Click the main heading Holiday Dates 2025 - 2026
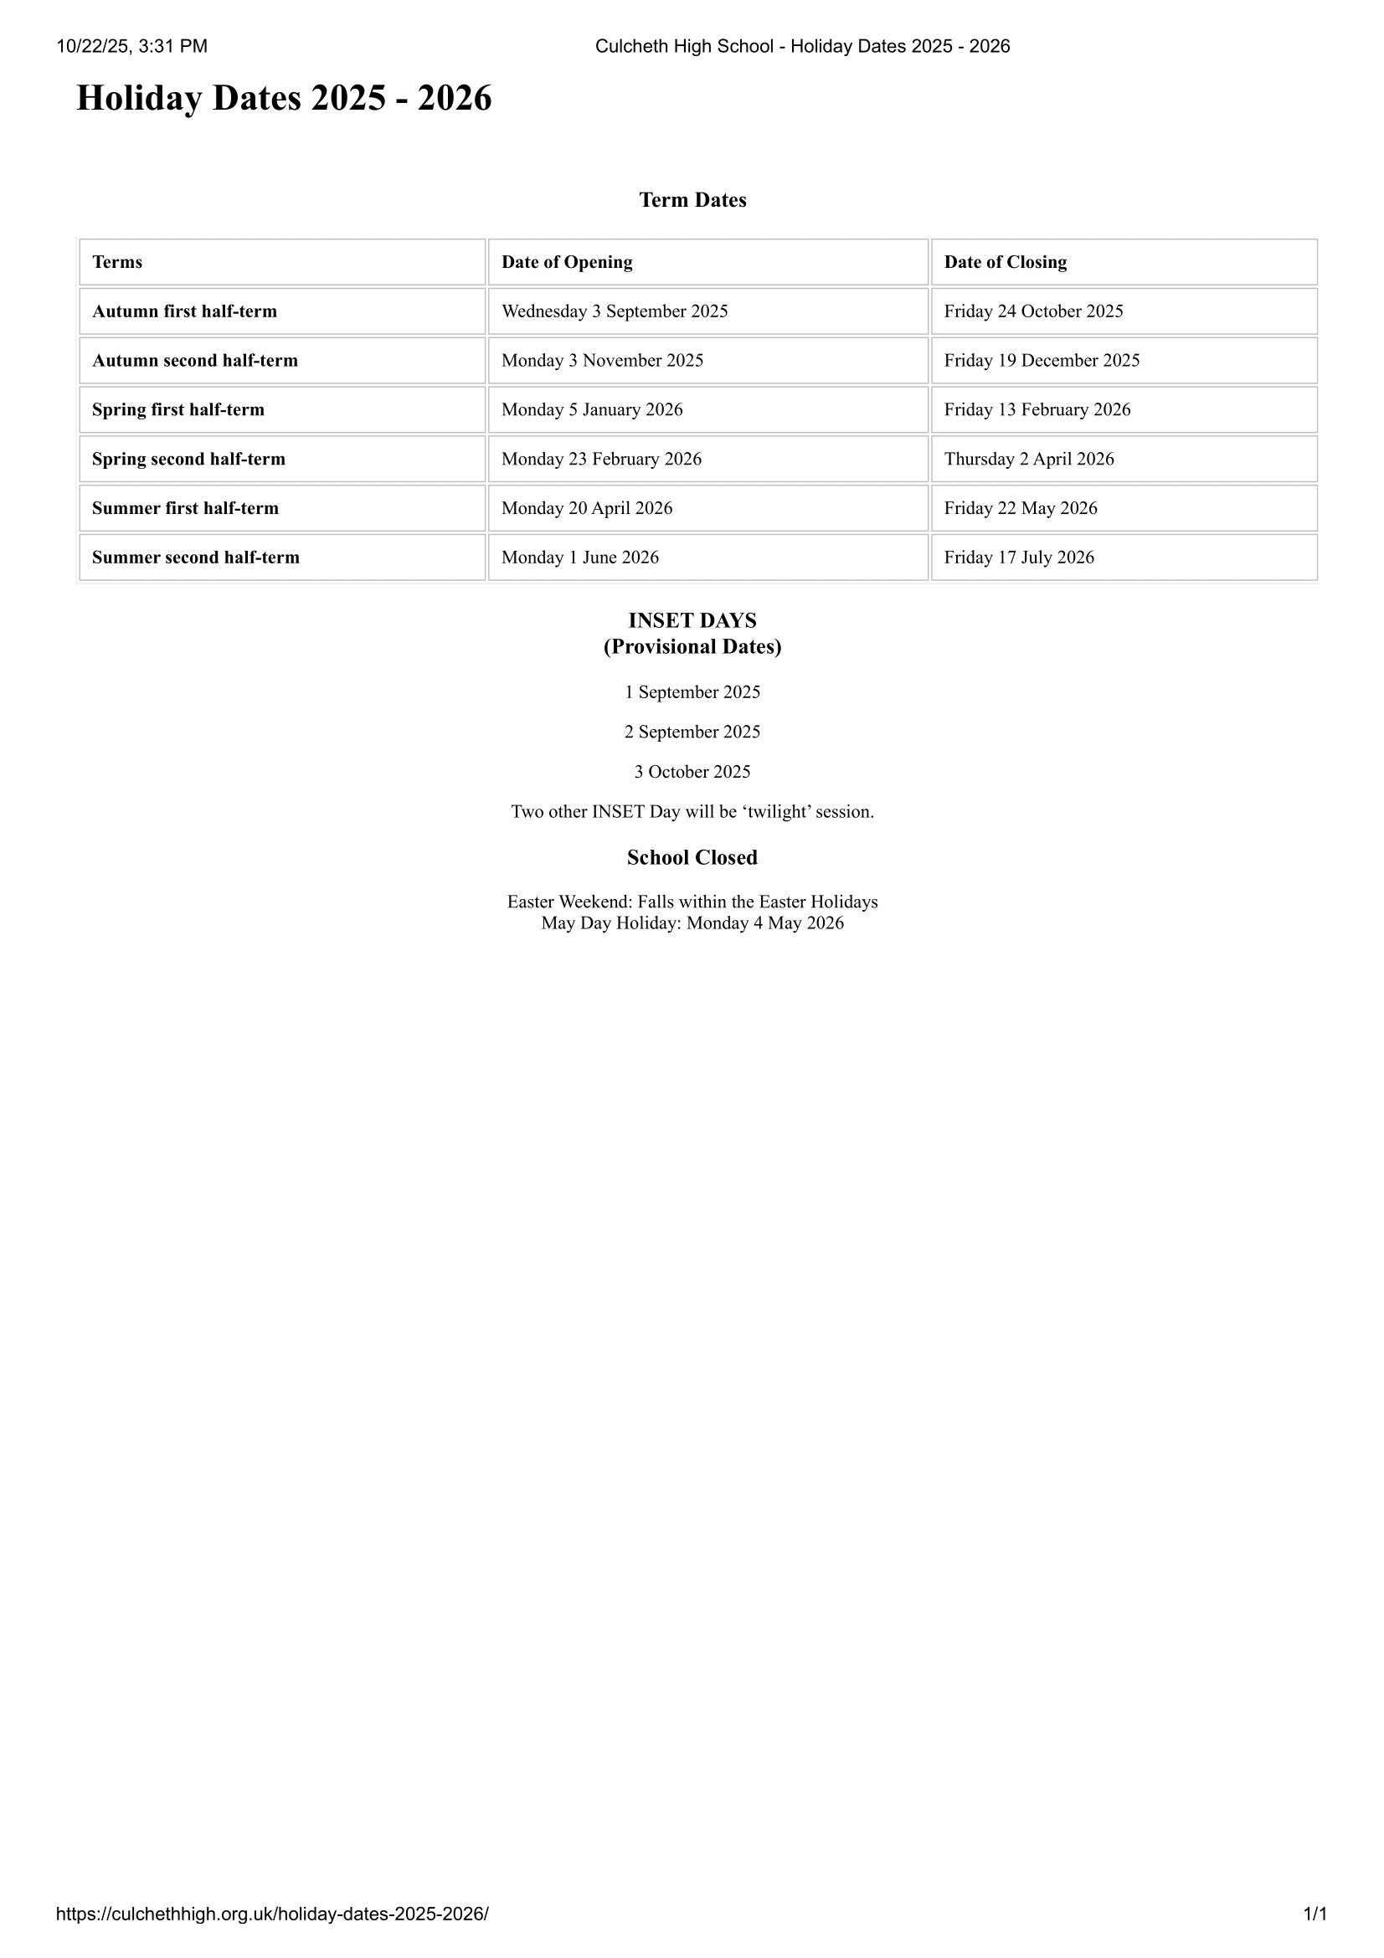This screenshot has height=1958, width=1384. tap(284, 99)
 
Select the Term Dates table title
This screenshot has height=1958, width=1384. tap(692, 200)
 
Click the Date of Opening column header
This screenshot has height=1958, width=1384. tap(567, 263)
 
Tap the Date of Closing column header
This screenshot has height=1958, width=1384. tap(1006, 263)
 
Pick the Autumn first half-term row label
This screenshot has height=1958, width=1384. tap(184, 311)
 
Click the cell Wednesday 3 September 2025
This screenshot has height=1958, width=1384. tap(615, 311)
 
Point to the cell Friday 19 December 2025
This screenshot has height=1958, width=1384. tap(1042, 361)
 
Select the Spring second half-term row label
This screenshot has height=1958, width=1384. tap(188, 460)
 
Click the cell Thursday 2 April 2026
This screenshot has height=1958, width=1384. tap(1028, 460)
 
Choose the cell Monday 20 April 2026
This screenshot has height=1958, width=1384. tap(587, 508)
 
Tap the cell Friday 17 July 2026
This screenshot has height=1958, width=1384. tap(1019, 558)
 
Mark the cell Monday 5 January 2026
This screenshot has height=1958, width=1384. tap(592, 410)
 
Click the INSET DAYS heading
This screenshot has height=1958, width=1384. tap(692, 621)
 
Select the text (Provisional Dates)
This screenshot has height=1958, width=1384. tap(692, 647)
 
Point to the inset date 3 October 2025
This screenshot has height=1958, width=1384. tap(692, 773)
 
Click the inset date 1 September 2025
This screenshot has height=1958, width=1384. tap(692, 692)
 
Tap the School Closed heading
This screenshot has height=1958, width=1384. tap(692, 858)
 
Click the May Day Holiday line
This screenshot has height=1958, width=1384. tap(692, 923)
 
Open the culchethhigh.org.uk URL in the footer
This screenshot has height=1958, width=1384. tap(272, 1914)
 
